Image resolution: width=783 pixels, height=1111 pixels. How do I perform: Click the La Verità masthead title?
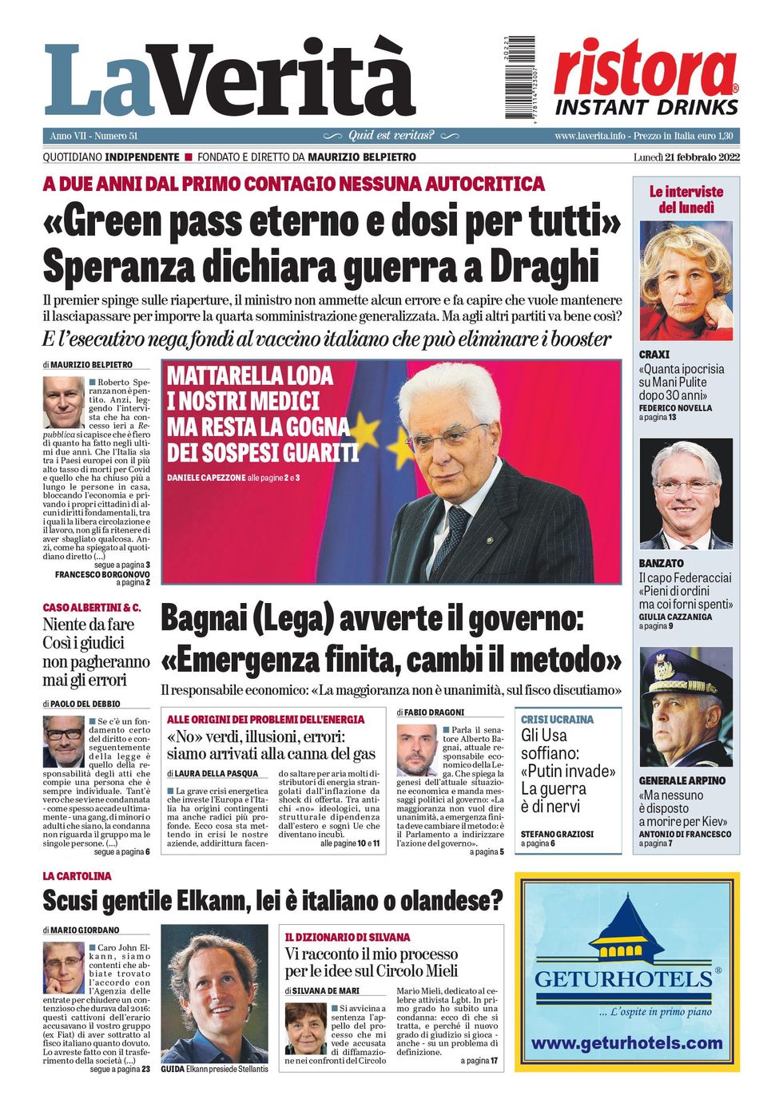[x=230, y=80]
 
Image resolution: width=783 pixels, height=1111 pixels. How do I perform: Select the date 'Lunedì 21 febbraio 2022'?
[x=686, y=157]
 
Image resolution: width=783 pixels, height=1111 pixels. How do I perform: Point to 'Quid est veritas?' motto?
[x=391, y=136]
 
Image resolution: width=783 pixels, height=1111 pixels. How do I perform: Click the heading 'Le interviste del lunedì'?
[x=686, y=200]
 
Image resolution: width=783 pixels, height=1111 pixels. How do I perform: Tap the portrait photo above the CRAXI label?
[x=686, y=281]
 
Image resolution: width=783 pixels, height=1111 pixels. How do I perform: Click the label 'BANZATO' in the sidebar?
[x=661, y=563]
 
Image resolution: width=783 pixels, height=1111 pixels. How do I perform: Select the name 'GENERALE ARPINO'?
[x=682, y=780]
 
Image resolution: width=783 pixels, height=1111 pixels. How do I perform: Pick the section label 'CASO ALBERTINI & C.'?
[x=92, y=608]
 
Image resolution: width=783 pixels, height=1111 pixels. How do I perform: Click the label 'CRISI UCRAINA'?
[x=557, y=719]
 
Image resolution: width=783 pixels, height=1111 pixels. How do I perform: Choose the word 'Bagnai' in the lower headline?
[x=204, y=620]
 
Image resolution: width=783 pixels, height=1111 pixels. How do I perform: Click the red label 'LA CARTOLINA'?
[x=77, y=876]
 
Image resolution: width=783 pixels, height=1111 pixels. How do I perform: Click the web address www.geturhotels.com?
[x=627, y=1043]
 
